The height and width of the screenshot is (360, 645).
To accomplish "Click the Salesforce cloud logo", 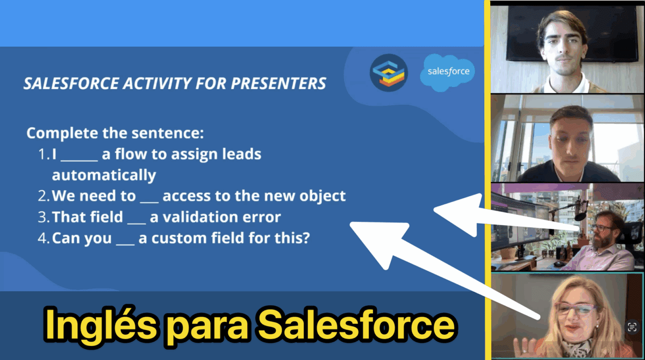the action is (x=447, y=73).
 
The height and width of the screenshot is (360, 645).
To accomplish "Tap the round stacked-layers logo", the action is (x=389, y=73).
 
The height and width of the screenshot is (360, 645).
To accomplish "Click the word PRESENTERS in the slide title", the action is (x=278, y=83).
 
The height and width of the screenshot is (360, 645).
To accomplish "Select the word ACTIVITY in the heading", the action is (x=157, y=83).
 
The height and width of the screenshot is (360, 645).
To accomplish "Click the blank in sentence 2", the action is (x=149, y=202).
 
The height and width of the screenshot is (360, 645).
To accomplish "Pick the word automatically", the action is (x=104, y=175).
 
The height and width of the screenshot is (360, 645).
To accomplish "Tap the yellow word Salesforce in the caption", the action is (x=356, y=326).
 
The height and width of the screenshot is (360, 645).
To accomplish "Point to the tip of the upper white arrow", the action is (x=434, y=209).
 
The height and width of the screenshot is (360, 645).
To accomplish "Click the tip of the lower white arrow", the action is (x=350, y=223).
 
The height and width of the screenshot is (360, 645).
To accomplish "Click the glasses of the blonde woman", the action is (x=575, y=308).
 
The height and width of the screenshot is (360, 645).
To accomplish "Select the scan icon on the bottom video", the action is (x=632, y=327).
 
